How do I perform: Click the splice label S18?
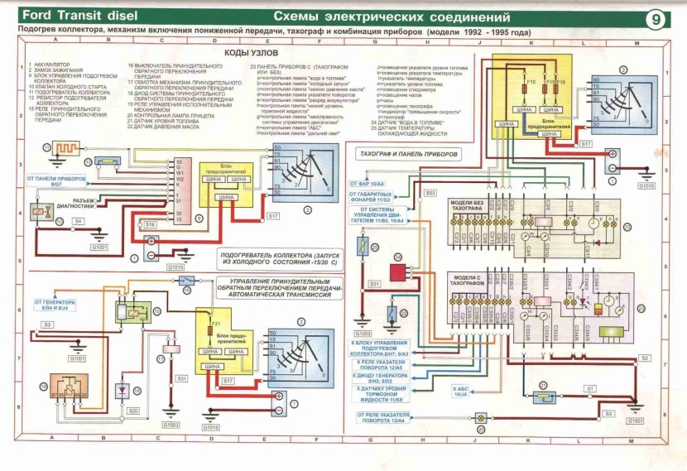pyautogui.click(x=150, y=224)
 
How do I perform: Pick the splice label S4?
pyautogui.click(x=78, y=221)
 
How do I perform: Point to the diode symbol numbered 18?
pyautogui.click(x=123, y=389)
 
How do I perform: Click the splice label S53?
pyautogui.click(x=430, y=192)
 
